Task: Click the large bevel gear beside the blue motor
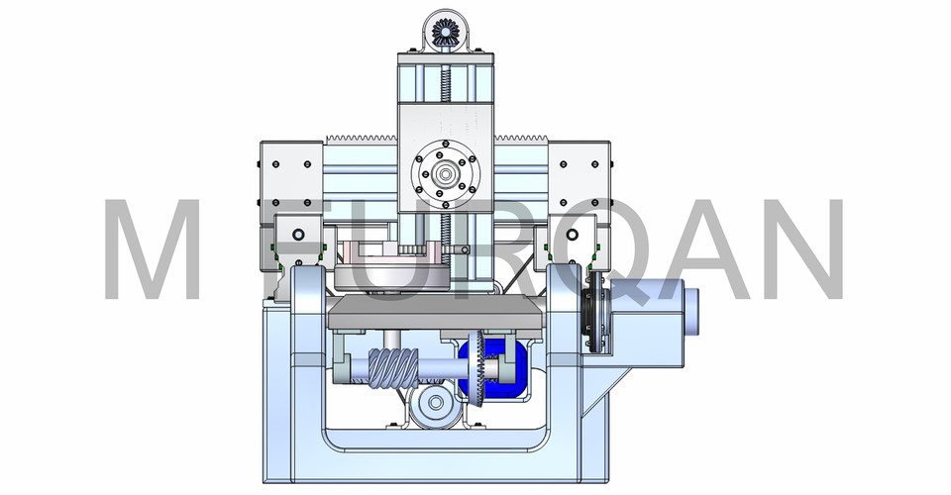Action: tap(476, 368)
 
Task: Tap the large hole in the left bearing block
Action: tap(297, 236)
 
